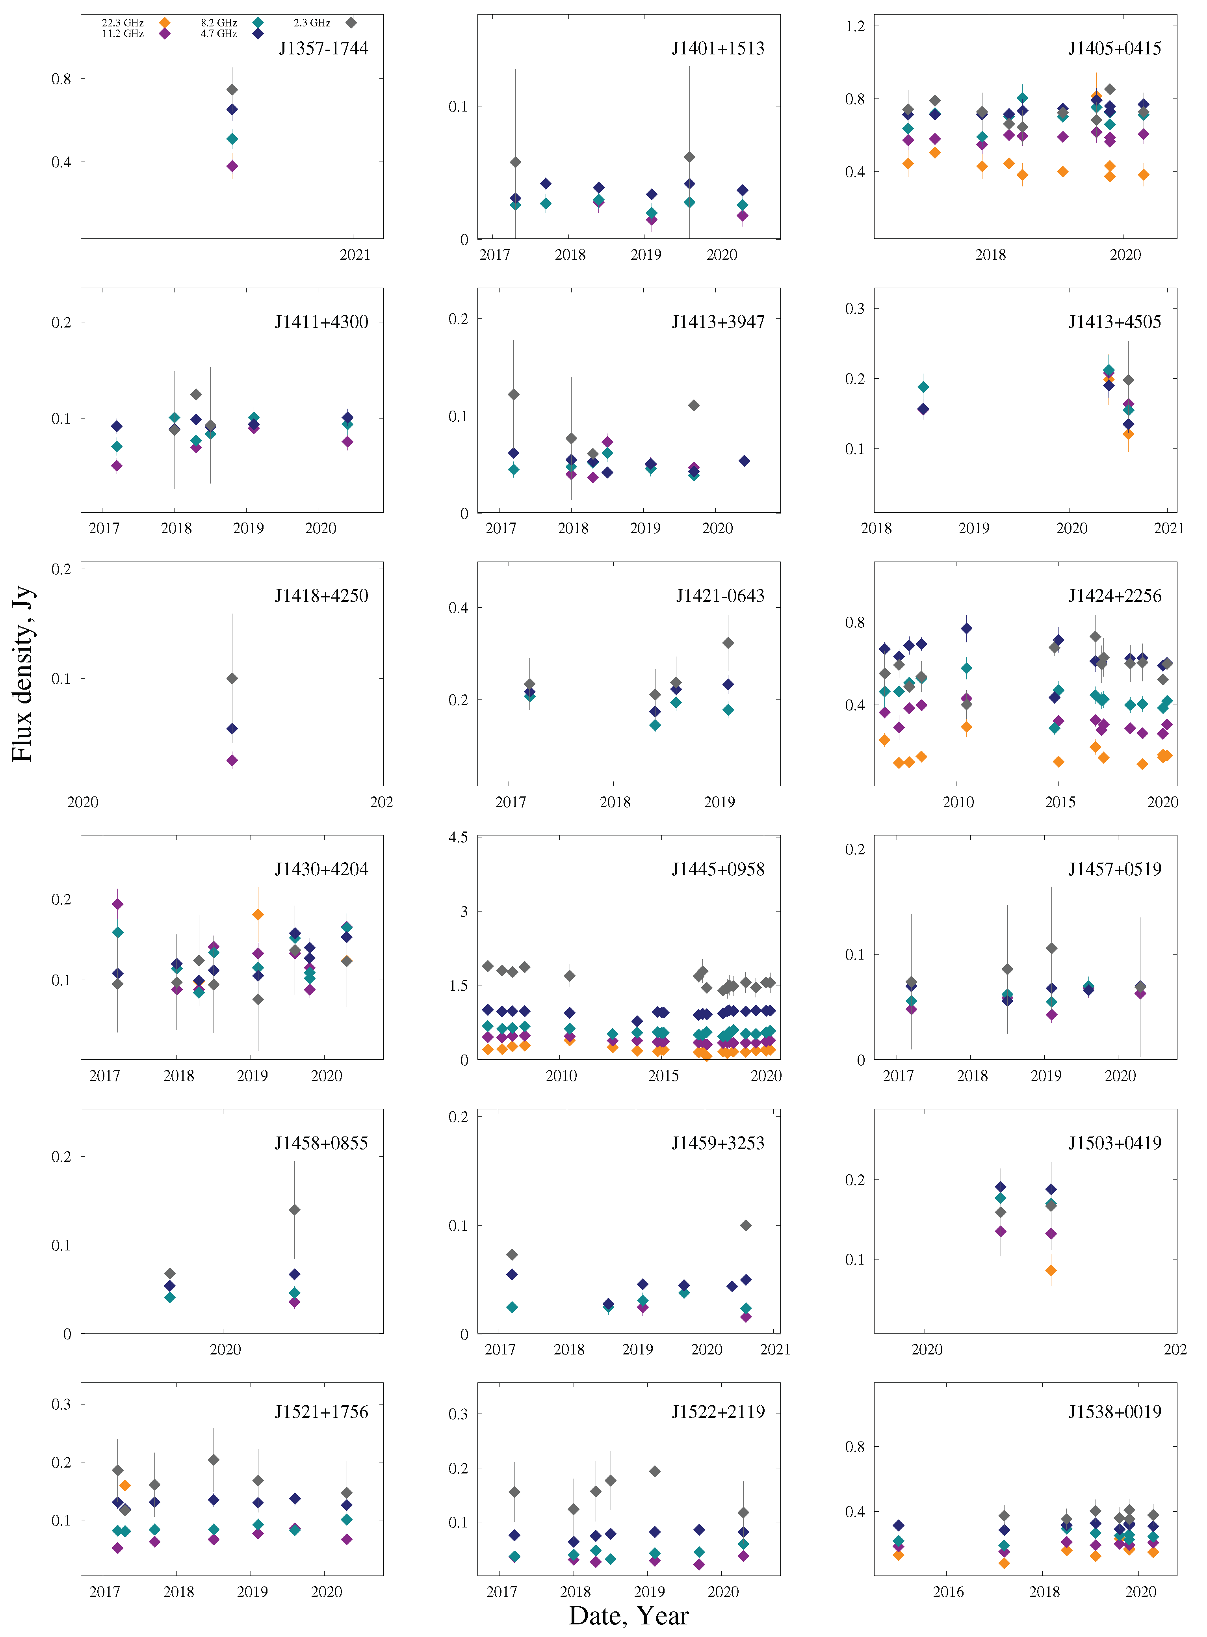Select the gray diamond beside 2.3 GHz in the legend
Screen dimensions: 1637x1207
click(x=351, y=22)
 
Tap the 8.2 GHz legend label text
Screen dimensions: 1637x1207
click(x=219, y=22)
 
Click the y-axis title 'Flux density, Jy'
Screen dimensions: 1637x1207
click(x=22, y=674)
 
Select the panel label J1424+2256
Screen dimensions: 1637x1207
click(x=1114, y=595)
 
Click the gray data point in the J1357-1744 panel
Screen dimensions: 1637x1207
click(x=232, y=90)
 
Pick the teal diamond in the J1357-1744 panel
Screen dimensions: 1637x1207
click(x=232, y=139)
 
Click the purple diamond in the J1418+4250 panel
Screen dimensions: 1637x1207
click(x=232, y=761)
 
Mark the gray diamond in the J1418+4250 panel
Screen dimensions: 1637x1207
click(x=232, y=678)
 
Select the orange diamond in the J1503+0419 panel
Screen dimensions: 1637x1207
click(x=1051, y=1270)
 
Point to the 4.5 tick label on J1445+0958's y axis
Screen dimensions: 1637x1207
click(x=458, y=837)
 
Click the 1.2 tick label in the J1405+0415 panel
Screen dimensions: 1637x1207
click(x=855, y=26)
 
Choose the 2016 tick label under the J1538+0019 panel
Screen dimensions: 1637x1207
click(x=948, y=1592)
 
